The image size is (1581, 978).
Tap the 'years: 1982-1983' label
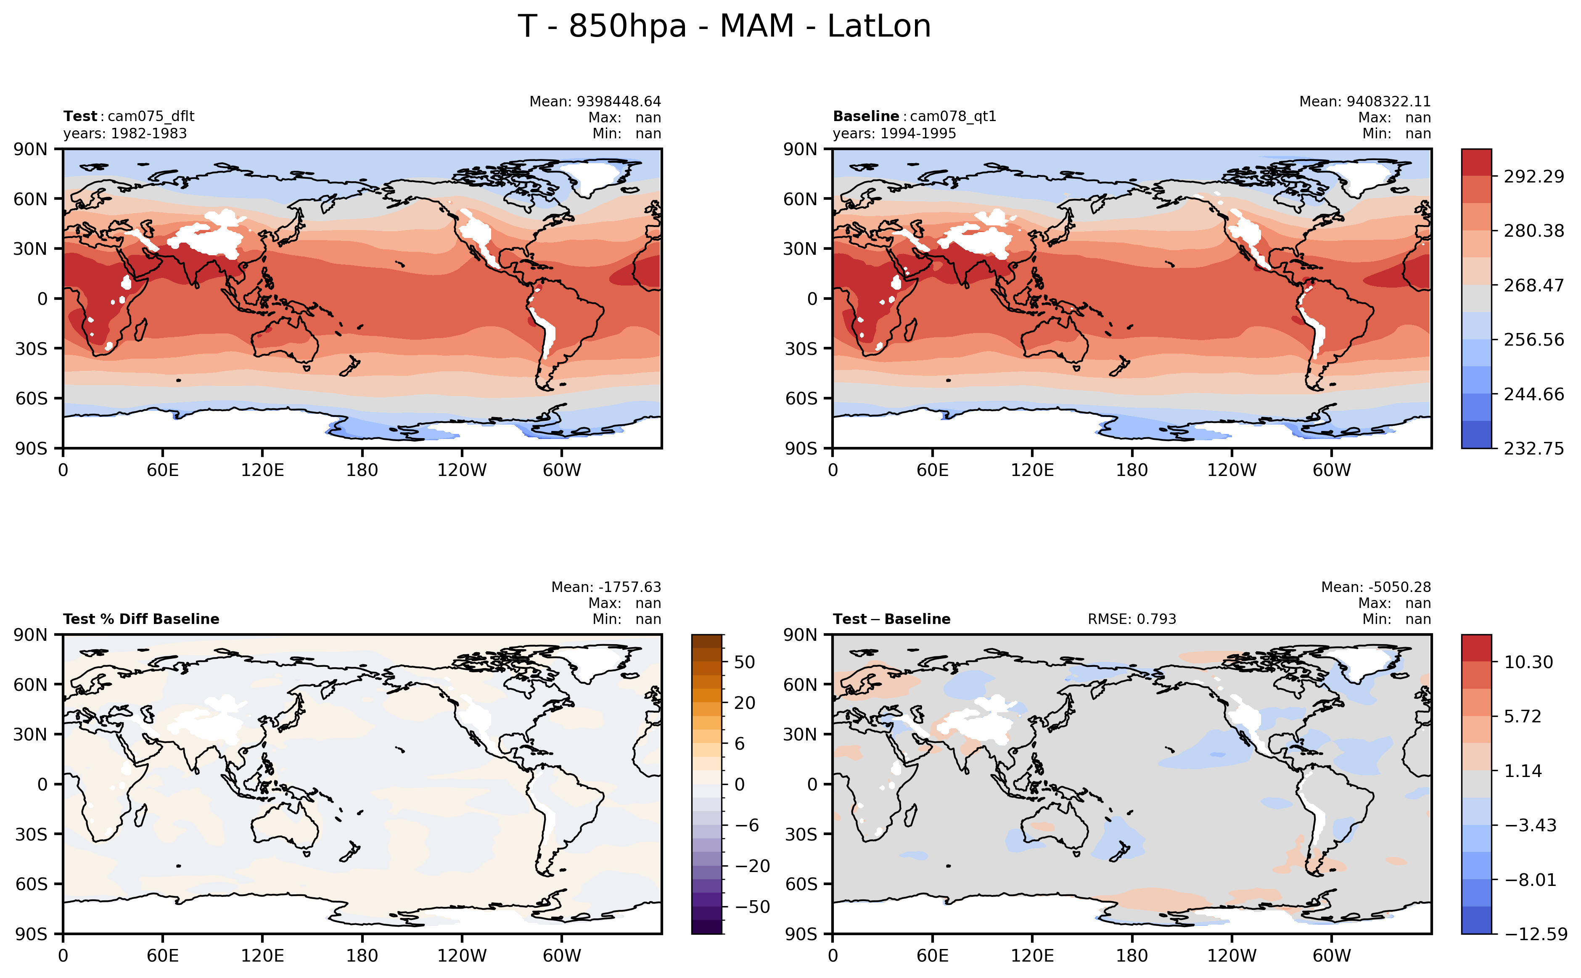tap(125, 133)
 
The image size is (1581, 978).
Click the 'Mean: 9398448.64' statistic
tap(595, 102)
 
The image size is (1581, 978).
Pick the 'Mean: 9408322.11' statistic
tap(1364, 102)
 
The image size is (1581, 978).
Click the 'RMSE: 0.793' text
tap(1132, 619)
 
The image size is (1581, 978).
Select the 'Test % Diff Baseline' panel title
tap(141, 619)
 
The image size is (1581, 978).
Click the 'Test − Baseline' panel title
tap(891, 619)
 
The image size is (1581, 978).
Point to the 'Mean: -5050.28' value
tap(1375, 587)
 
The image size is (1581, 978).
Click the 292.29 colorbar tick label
tap(1533, 177)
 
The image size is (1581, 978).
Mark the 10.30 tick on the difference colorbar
tap(1528, 662)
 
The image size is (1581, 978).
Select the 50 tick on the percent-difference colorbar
tap(745, 662)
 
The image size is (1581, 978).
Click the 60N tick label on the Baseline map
tap(800, 199)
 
